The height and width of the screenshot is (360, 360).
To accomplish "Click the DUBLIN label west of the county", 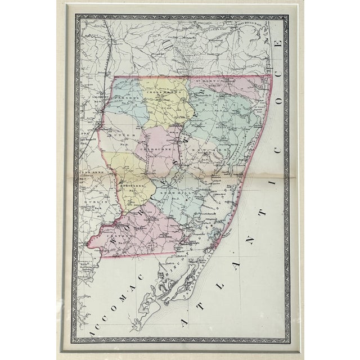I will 89,201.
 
